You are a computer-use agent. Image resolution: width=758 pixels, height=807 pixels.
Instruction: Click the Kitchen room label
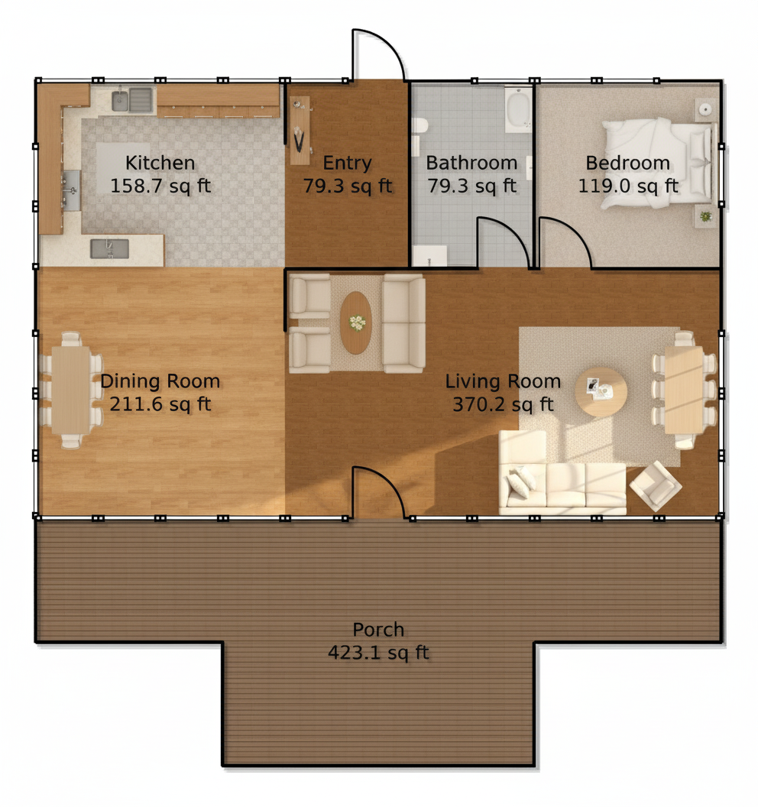(x=160, y=163)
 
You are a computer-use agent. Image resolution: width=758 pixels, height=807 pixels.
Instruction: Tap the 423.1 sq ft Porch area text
(x=378, y=653)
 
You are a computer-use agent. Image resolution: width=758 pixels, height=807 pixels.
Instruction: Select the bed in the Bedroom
(x=659, y=163)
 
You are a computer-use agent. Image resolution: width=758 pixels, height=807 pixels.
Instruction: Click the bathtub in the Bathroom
(x=519, y=109)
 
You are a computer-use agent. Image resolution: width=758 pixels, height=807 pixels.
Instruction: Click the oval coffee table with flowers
(x=355, y=322)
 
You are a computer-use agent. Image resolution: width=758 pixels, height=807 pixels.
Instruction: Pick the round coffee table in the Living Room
(x=601, y=391)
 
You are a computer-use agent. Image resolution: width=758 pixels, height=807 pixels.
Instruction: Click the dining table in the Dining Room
(x=71, y=390)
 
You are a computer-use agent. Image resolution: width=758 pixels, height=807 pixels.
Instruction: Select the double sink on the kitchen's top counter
(x=132, y=99)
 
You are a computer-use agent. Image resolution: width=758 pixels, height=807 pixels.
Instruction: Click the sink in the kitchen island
(x=109, y=248)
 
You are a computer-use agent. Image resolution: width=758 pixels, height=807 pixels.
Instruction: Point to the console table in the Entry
(x=300, y=131)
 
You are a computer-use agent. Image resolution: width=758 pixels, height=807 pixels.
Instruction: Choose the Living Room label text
(x=503, y=381)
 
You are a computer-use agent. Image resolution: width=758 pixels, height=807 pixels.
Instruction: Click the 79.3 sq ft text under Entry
(x=348, y=186)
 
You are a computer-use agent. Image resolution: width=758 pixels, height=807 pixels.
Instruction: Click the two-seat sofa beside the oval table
(x=404, y=323)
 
